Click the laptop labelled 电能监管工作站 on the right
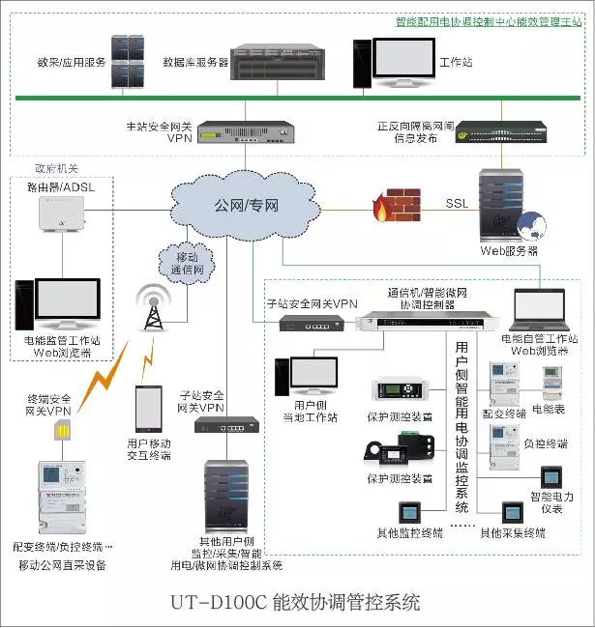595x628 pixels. coord(540,308)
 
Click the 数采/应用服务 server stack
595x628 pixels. coord(129,62)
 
